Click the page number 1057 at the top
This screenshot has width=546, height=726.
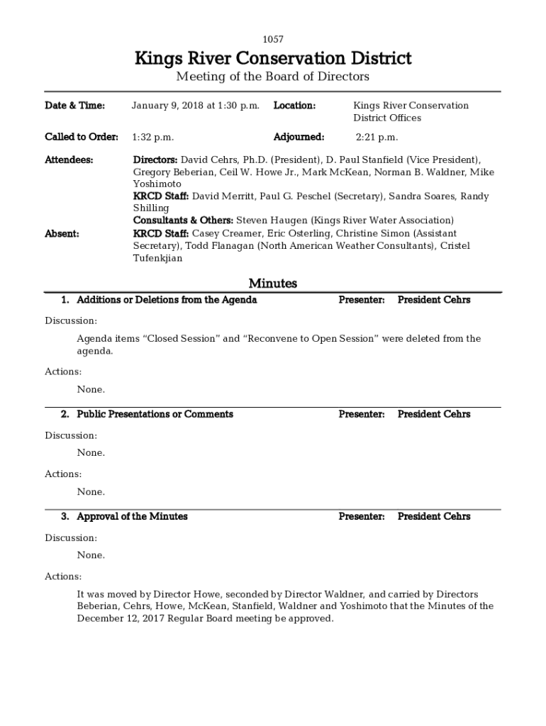(x=273, y=40)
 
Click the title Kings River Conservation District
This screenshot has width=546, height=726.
(x=273, y=58)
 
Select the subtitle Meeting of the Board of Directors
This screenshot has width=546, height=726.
(x=273, y=77)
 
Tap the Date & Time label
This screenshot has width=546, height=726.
(x=74, y=106)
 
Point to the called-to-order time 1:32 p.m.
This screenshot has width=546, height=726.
(x=153, y=138)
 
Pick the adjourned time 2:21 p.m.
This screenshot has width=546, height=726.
(x=377, y=138)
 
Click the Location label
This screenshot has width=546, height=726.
(x=294, y=106)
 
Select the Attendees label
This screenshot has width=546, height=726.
(x=69, y=160)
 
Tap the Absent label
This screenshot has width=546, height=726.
(x=62, y=234)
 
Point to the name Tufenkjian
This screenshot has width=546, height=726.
(x=157, y=258)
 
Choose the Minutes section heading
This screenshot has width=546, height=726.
(x=273, y=284)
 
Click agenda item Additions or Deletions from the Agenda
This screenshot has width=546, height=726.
(x=167, y=300)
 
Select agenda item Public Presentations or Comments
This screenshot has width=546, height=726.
(x=155, y=414)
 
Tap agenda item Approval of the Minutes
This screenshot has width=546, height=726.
(x=132, y=517)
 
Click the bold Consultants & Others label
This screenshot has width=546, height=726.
(x=183, y=221)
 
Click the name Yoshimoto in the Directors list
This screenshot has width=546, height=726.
(x=157, y=184)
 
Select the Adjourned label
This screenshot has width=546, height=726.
(x=299, y=138)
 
